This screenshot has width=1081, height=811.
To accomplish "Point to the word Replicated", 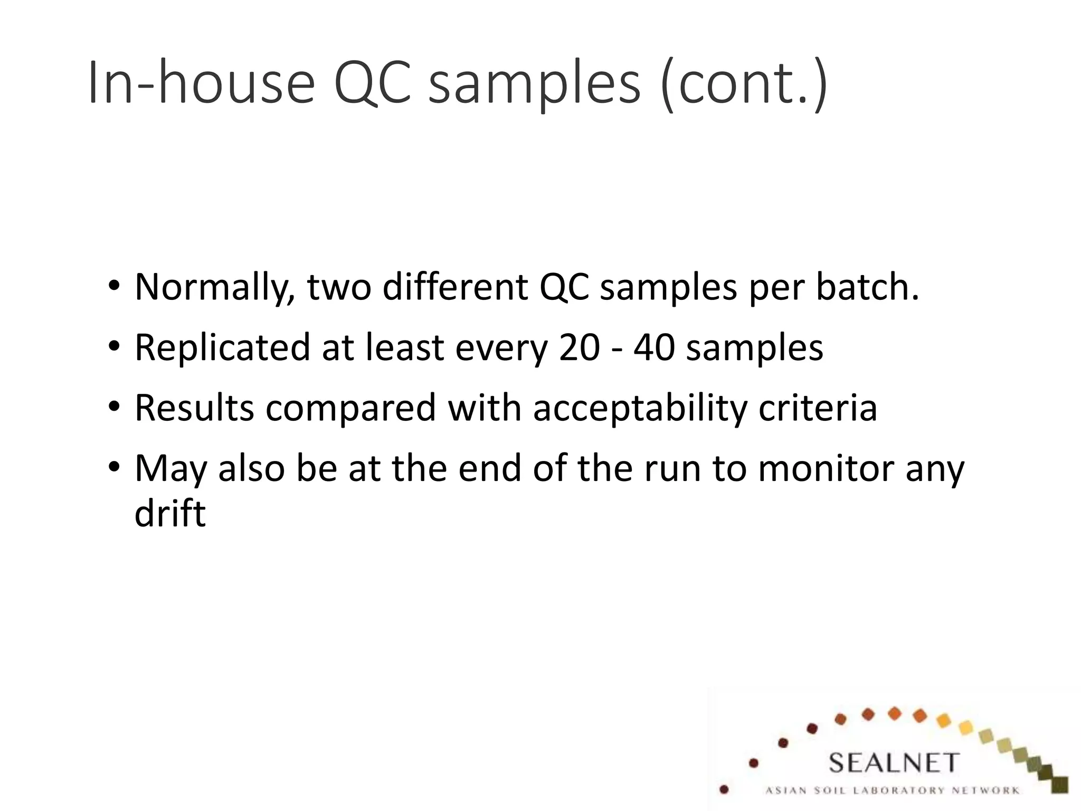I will point(222,348).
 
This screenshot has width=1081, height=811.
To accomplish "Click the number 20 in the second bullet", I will point(579,348).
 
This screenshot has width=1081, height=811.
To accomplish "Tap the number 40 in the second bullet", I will point(654,348).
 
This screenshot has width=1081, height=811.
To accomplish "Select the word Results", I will point(194,408).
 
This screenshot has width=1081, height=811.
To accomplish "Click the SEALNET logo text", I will point(893,763).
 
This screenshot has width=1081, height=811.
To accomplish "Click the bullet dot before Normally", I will point(114,288).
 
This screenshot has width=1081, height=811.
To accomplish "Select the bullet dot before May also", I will point(114,468).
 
